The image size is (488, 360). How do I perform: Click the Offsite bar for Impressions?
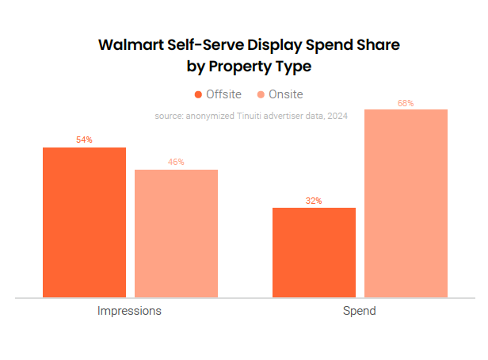[84, 222]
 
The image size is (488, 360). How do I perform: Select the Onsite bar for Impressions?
[176, 233]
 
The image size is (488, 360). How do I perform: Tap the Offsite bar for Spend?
[314, 252]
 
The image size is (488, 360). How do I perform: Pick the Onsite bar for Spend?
[406, 203]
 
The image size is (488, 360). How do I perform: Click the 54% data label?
[84, 140]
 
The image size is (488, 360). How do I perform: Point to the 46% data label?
[176, 163]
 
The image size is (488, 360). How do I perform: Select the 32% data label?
[314, 201]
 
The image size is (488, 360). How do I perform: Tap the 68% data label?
[406, 103]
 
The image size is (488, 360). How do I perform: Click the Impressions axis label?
[129, 311]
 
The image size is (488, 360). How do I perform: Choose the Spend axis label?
[360, 311]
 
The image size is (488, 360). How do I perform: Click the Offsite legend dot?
[198, 94]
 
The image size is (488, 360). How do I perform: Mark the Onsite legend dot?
[261, 94]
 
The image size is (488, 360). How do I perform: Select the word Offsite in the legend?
[223, 94]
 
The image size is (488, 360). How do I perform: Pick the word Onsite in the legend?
[286, 94]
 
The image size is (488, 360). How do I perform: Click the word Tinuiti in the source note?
[265, 116]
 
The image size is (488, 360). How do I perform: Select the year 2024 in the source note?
[337, 116]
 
